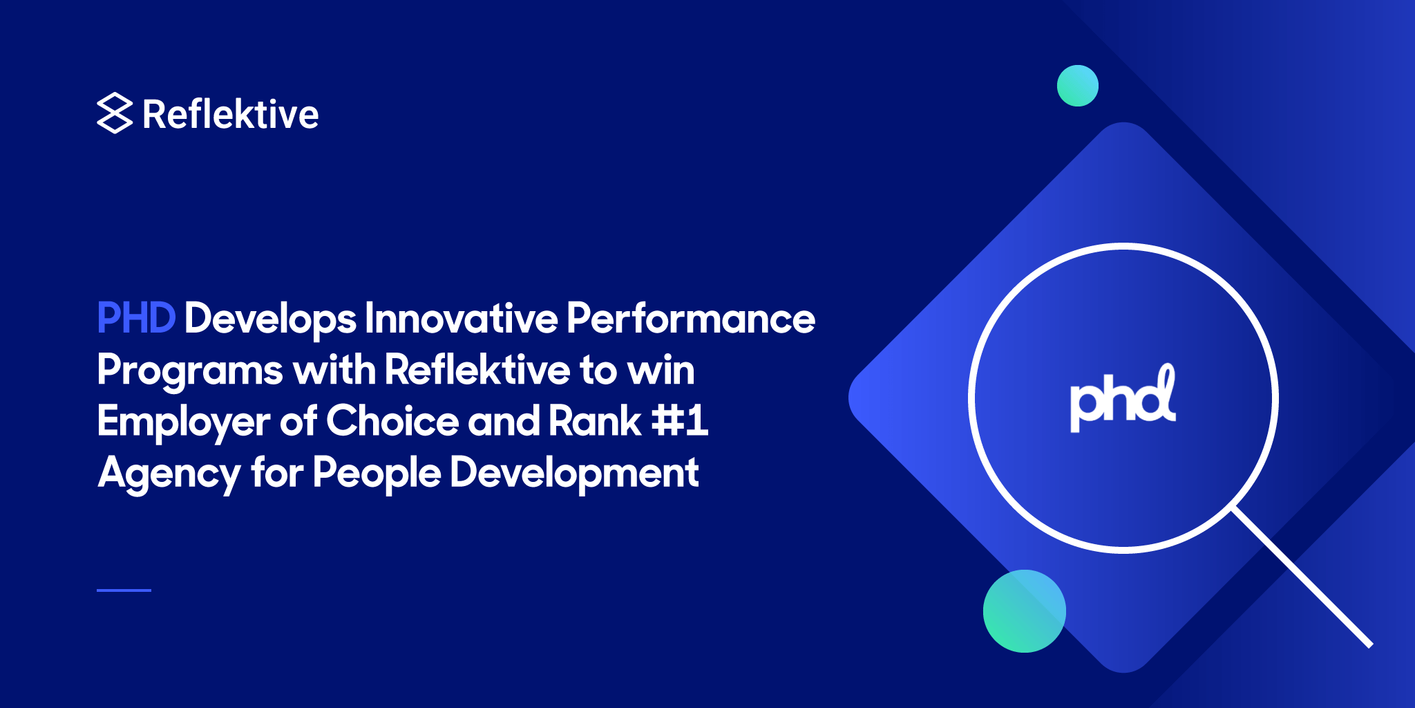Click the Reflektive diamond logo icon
pos(114,113)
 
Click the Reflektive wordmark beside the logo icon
pos(230,115)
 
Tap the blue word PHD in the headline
pos(136,319)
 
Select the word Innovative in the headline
pos(461,319)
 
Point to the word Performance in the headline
pos(691,319)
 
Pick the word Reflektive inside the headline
pos(477,370)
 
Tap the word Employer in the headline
pos(183,422)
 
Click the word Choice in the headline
pos(392,421)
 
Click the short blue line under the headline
pos(124,590)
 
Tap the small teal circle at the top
pos(1077,86)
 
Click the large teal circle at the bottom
pos(1024,611)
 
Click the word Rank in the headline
pos(595,421)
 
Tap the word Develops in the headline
pos(270,319)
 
